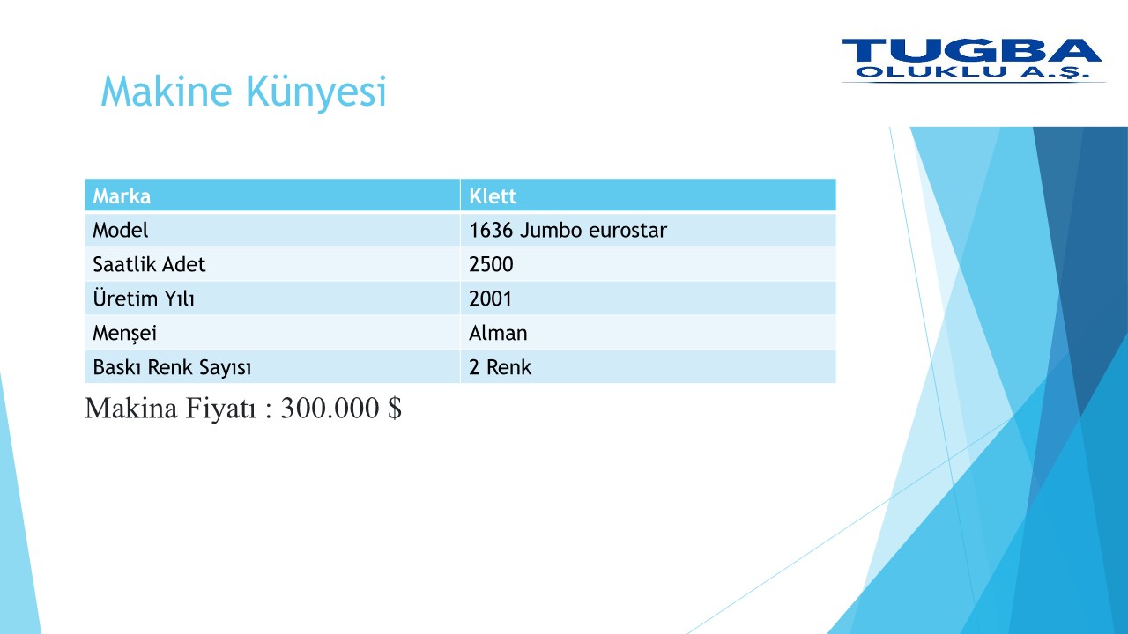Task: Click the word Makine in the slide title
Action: click(167, 91)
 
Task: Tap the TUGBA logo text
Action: click(972, 50)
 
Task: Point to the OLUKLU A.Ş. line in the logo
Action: click(972, 73)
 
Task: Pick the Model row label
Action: click(121, 231)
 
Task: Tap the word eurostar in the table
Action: click(627, 231)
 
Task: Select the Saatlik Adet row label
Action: click(149, 265)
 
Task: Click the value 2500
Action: click(491, 265)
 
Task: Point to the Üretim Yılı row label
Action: click(144, 298)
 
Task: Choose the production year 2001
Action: click(490, 299)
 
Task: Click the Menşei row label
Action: click(125, 334)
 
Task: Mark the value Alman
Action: click(498, 333)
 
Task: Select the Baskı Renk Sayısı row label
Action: click(172, 368)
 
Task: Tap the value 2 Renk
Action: click(500, 367)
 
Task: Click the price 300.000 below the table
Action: click(330, 408)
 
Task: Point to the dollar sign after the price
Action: click(395, 408)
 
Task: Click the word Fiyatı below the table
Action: click(221, 408)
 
